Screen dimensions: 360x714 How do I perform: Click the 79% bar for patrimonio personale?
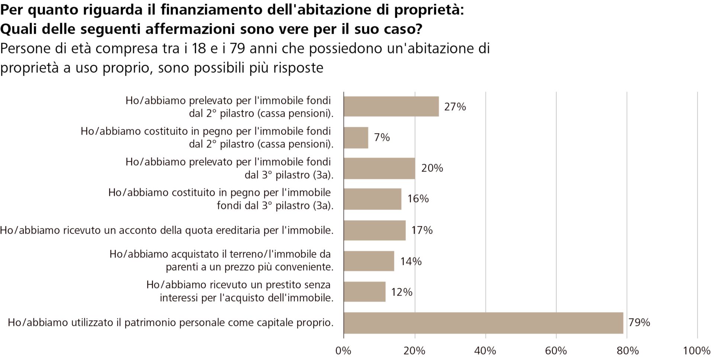click(483, 323)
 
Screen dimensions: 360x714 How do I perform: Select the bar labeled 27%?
click(391, 107)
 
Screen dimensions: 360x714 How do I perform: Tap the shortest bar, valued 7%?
click(356, 138)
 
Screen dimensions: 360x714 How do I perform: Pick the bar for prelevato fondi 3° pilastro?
click(379, 168)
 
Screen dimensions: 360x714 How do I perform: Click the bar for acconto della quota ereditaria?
click(374, 230)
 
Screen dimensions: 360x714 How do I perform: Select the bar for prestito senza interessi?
click(364, 292)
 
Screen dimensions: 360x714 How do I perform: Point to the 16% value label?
click(418, 199)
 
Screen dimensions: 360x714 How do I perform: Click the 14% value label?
click(411, 261)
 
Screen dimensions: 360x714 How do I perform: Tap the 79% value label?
click(639, 322)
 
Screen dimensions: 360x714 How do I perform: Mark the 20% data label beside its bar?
click(432, 168)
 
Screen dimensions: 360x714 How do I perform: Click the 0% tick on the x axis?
click(343, 351)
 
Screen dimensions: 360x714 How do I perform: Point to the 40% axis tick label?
click(485, 351)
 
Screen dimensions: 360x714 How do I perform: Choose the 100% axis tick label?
click(697, 351)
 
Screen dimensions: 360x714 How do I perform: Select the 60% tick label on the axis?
click(556, 351)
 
